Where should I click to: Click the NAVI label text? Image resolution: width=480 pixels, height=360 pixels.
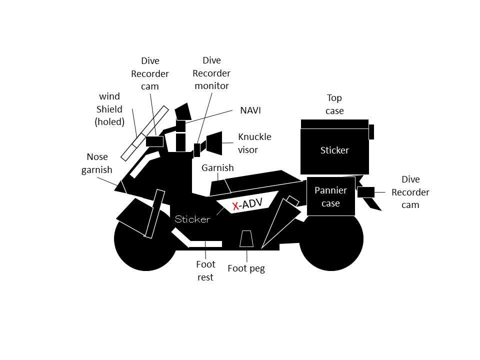click(250, 110)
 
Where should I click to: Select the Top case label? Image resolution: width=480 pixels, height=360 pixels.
click(334, 104)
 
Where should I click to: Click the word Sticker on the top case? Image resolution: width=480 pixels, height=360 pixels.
click(334, 150)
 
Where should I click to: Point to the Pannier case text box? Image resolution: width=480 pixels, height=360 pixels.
click(330, 197)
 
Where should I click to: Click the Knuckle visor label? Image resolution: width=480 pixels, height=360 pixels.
click(254, 143)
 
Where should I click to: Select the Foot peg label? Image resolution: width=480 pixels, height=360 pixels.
click(246, 268)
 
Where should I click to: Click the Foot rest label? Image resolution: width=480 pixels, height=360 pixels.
click(205, 270)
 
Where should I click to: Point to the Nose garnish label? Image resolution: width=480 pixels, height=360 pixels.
click(97, 163)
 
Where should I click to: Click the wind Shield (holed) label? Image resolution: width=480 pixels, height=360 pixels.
click(109, 108)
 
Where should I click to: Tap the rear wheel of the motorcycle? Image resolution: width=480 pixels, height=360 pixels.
click(331, 238)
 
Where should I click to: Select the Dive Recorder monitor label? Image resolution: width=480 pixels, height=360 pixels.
click(211, 73)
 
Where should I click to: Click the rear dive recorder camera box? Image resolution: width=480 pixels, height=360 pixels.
click(365, 192)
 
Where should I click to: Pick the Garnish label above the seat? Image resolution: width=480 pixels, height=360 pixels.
click(217, 168)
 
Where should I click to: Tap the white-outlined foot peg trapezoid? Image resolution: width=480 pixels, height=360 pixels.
click(246, 239)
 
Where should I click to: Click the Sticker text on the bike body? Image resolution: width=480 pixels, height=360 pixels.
click(192, 219)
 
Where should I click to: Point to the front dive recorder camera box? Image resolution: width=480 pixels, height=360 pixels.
click(154, 141)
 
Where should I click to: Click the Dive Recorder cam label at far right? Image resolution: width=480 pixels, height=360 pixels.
click(410, 192)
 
